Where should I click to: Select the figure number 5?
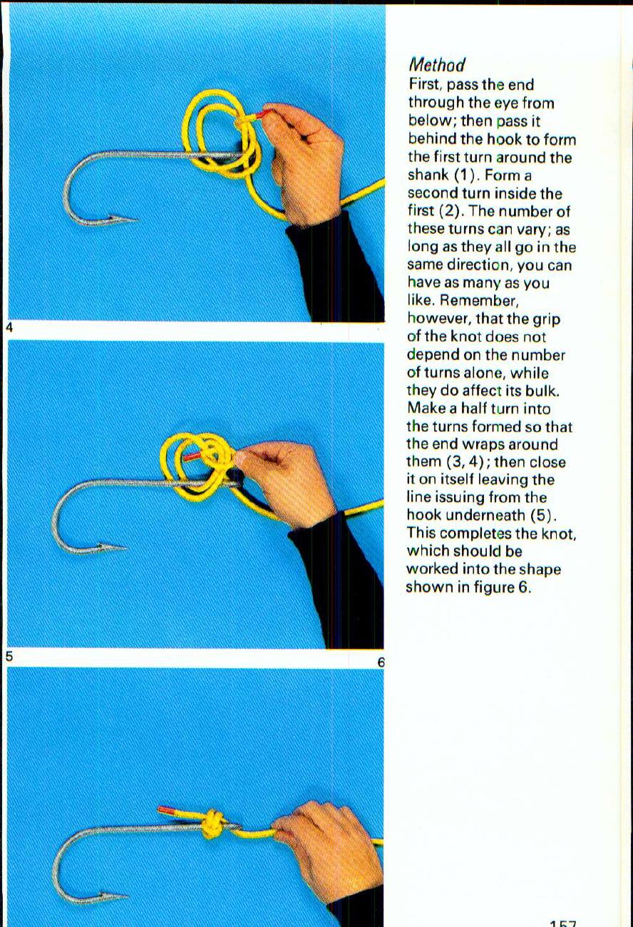(x=9, y=656)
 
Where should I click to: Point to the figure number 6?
(x=381, y=662)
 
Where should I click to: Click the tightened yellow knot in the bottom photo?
(x=212, y=825)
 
